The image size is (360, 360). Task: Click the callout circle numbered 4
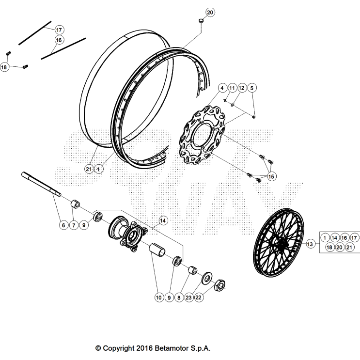(x=222, y=88)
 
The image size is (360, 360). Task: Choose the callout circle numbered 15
(x=271, y=177)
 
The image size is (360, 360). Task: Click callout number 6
(x=63, y=225)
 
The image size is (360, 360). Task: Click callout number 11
(x=232, y=88)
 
